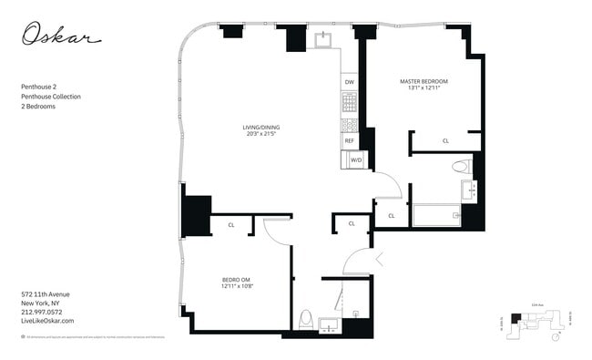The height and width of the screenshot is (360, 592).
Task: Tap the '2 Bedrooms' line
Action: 37,107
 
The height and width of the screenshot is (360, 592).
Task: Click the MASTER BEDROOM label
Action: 424,81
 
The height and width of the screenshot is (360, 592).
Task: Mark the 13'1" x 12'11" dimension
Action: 424,89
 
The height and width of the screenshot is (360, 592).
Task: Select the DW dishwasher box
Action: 350,82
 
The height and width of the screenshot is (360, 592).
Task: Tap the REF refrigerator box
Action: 350,140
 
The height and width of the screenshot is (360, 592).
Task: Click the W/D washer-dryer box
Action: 356,161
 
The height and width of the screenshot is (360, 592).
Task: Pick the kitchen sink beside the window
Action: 323,39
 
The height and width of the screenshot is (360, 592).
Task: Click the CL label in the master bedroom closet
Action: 445,141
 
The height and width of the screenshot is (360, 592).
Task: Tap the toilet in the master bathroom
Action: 462,166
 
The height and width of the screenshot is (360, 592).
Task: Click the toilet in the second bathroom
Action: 306,320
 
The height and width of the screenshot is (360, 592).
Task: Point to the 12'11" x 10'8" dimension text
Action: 236,287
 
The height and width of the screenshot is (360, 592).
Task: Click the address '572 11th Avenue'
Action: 45,294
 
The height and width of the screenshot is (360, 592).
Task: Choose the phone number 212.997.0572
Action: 42,313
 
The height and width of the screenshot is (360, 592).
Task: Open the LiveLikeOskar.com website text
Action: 46,321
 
